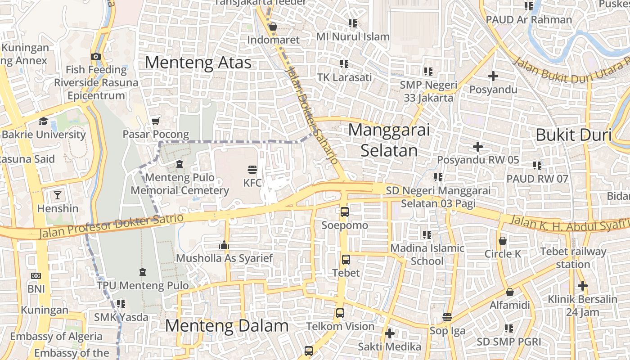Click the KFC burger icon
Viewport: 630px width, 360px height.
pyautogui.click(x=252, y=170)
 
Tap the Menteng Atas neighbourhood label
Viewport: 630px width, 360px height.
pyautogui.click(x=198, y=63)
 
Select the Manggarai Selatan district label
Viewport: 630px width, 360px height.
pyautogui.click(x=389, y=140)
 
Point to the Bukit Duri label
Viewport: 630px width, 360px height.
pyautogui.click(x=573, y=135)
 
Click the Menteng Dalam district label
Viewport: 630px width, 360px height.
pyautogui.click(x=227, y=326)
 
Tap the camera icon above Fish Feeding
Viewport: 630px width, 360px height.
pyautogui.click(x=95, y=56)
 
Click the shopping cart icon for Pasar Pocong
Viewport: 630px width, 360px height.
pyautogui.click(x=156, y=121)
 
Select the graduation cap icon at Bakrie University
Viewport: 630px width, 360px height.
pyautogui.click(x=43, y=121)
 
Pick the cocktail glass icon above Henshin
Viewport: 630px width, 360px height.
pyautogui.click(x=58, y=195)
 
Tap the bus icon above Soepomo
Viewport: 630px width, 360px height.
pyautogui.click(x=345, y=211)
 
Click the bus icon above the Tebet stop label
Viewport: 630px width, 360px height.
pyautogui.click(x=346, y=259)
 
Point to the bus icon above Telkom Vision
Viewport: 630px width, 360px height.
pyautogui.click(x=340, y=313)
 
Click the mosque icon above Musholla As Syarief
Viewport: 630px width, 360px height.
pyautogui.click(x=224, y=245)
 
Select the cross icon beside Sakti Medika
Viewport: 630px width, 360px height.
pyautogui.click(x=390, y=333)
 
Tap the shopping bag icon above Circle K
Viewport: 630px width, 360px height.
pyautogui.click(x=503, y=241)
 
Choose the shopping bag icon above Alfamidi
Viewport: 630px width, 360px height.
pyautogui.click(x=510, y=292)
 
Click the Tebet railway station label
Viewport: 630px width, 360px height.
pyautogui.click(x=573, y=258)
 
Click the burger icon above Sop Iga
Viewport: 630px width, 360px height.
pyautogui.click(x=447, y=317)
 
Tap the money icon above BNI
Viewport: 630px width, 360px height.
pyautogui.click(x=36, y=275)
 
